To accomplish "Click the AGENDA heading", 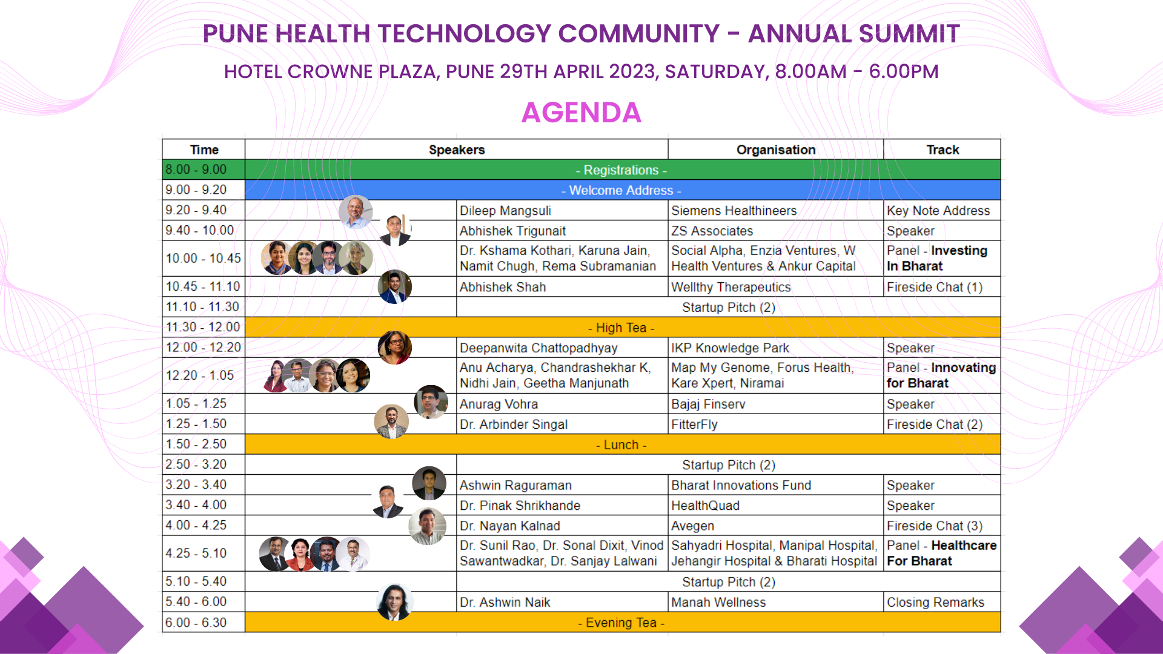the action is [x=581, y=113].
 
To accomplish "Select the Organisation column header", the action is [x=776, y=150].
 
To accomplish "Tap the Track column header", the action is [x=943, y=150].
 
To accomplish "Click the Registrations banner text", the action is [x=621, y=170].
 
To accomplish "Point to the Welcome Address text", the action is [x=621, y=190].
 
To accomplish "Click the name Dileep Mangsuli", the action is [x=505, y=211].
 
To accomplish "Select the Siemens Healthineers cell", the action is [x=734, y=211].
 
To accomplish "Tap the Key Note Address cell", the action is [x=938, y=211].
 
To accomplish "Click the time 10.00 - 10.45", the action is [x=203, y=259].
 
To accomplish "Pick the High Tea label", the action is [x=621, y=328].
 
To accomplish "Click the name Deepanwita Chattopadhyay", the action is [x=538, y=348].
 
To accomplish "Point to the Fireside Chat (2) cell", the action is [x=935, y=424].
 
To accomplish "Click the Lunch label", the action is [x=621, y=444].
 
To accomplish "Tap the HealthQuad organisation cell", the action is [x=705, y=506].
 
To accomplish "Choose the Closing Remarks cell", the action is [x=935, y=603].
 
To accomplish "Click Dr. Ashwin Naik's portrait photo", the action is [x=394, y=602].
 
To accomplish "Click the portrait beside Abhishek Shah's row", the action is [x=394, y=286].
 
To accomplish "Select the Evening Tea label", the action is [x=621, y=623].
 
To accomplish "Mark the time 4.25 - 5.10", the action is [x=196, y=553].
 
